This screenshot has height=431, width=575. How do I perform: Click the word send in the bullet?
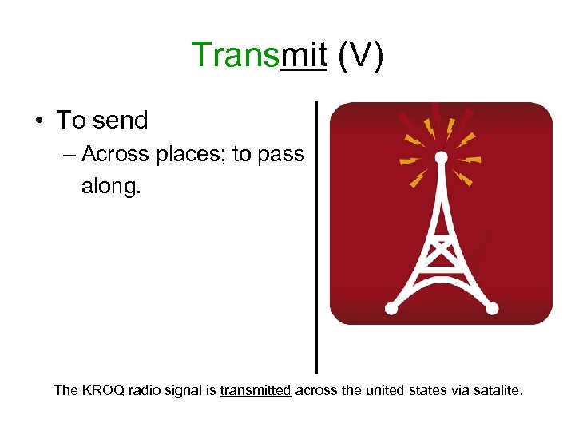[x=120, y=121]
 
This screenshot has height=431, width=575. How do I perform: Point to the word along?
[x=111, y=186]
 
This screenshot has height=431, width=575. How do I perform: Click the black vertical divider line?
[x=317, y=239]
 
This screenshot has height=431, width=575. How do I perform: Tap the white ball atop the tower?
[x=440, y=157]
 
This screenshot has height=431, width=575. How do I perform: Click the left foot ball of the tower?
[x=391, y=308]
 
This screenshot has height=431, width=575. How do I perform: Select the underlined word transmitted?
[x=256, y=391]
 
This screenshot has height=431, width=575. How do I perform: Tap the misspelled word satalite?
[x=494, y=391]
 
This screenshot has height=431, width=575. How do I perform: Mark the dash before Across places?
[x=69, y=155]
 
